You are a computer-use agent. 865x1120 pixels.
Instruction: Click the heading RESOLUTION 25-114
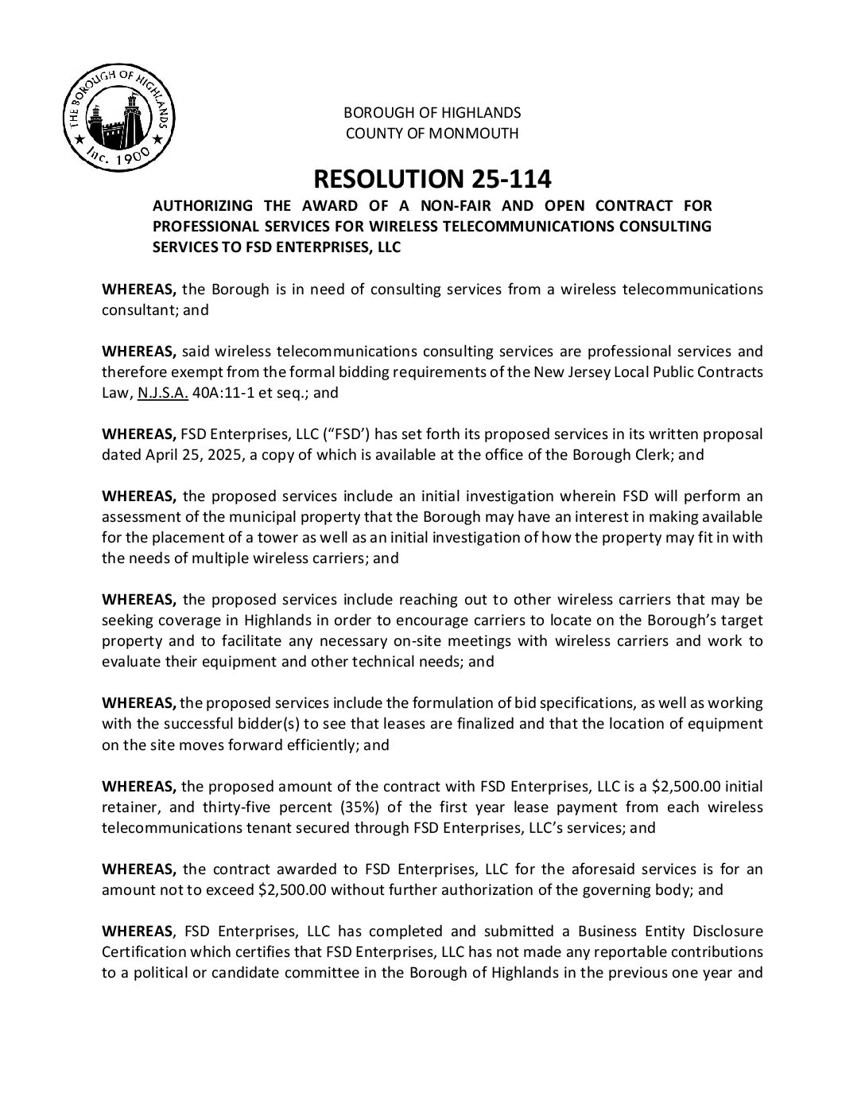click(x=432, y=177)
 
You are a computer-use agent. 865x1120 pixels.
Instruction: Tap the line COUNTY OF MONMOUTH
click(x=432, y=134)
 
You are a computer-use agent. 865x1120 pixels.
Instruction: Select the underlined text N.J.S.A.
click(x=163, y=392)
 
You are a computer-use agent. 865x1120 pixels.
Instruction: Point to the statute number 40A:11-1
click(x=222, y=392)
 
